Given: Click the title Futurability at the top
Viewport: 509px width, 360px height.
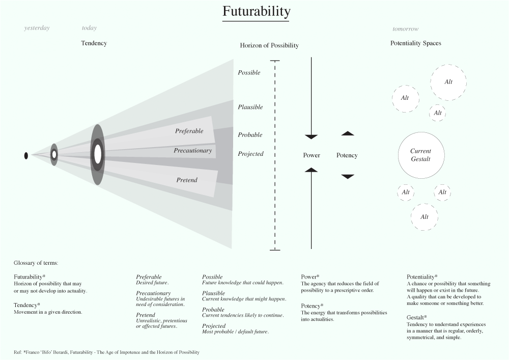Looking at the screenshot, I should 256,12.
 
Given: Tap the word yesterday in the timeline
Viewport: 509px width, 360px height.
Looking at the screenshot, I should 37,28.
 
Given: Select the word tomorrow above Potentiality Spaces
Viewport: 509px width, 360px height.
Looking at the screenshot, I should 406,29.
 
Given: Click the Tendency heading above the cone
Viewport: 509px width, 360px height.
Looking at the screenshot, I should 94,43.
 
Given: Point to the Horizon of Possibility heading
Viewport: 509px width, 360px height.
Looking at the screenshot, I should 269,45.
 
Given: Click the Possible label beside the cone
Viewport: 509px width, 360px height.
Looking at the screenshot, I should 249,73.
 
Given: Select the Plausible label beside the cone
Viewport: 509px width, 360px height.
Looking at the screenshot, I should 250,107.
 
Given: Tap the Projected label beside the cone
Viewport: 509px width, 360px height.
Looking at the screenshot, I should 250,154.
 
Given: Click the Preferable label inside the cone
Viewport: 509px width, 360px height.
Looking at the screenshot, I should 189,131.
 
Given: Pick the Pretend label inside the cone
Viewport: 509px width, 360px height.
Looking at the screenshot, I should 187,180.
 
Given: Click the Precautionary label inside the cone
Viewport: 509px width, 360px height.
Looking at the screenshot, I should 192,151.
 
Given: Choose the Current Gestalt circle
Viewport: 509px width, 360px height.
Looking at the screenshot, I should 421,155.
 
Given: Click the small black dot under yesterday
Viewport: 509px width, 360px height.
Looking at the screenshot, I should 26,155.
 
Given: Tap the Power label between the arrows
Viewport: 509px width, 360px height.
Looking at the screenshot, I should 312,155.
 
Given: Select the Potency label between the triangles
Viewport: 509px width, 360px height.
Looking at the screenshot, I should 347,155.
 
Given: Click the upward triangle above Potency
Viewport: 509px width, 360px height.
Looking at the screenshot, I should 348,133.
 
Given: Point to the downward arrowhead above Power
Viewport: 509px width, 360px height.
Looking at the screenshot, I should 311,136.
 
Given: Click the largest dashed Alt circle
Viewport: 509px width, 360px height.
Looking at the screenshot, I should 448,82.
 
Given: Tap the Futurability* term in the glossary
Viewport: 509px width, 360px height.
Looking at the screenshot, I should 30,276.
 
